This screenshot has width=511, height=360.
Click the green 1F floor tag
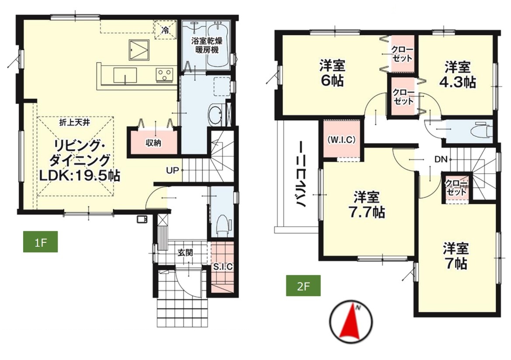point(40,241)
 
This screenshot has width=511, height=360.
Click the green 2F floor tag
point(303,286)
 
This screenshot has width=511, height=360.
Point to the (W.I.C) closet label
point(341,140)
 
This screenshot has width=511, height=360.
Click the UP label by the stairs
point(172,170)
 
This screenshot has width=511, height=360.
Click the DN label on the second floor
point(441,160)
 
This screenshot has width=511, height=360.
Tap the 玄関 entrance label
point(185,253)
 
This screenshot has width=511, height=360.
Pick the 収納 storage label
point(153,143)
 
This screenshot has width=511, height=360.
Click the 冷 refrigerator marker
point(166,31)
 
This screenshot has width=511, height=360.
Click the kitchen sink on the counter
point(125,75)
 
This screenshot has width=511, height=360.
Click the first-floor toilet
point(223,225)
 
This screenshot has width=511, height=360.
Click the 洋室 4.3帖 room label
point(458,75)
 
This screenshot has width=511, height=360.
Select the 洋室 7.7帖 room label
point(367,205)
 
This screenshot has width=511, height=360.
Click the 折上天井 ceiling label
point(75,122)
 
